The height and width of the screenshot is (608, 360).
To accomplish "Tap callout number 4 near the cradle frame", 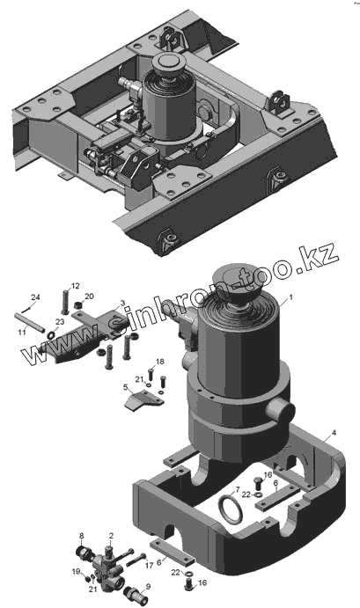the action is pyautogui.click(x=334, y=432).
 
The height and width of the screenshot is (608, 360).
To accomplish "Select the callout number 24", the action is pyautogui.click(x=35, y=297).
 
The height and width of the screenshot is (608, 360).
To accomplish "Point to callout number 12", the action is pyautogui.click(x=76, y=286).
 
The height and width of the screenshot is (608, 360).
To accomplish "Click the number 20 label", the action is pyautogui.click(x=89, y=297).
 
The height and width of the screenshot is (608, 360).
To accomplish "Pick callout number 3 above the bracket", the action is pyautogui.click(x=122, y=303).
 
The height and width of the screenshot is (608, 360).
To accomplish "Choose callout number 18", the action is pyautogui.click(x=160, y=362).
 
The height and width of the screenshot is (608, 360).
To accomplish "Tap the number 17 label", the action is pyautogui.click(x=150, y=566).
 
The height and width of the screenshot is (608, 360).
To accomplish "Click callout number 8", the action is pyautogui.click(x=82, y=536).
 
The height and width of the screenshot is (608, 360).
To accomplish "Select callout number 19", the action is pyautogui.click(x=76, y=571).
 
